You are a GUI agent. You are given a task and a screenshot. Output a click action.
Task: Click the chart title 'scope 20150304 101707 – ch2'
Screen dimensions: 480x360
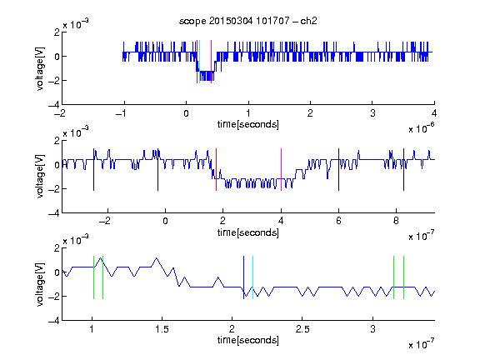click(248, 21)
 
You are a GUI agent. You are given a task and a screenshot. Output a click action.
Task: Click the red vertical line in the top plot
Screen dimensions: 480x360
click(197, 62)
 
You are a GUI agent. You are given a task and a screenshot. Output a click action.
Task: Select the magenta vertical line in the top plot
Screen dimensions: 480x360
click(211, 62)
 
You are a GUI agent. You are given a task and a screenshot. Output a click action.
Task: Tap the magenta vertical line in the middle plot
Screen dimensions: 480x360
click(282, 170)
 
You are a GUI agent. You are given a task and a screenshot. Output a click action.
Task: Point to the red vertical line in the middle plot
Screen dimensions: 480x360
click(216, 170)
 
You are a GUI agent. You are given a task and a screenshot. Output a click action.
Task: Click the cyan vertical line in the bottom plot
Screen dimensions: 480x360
click(252, 277)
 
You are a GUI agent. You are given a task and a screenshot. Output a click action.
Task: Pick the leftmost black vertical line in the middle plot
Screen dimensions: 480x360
click(93, 170)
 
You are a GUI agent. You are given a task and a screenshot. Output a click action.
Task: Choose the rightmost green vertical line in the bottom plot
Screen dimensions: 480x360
click(404, 277)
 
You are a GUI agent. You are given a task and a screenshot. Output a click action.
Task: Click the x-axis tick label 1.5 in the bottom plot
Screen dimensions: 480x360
click(162, 329)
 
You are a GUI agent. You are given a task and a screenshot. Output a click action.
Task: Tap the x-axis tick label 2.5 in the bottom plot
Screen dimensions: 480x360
click(302, 329)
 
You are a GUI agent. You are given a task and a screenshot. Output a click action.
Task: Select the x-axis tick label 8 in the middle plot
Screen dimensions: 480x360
click(396, 221)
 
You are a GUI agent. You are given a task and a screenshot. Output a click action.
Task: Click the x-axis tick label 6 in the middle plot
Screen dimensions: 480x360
click(338, 221)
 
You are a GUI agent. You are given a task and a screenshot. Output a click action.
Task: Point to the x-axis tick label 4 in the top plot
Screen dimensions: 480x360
click(434, 113)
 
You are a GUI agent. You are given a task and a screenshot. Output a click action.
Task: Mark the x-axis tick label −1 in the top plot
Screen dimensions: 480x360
click(121, 113)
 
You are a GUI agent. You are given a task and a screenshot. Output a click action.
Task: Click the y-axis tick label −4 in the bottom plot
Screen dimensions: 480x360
click(53, 321)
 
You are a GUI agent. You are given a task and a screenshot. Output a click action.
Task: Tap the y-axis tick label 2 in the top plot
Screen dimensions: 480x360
click(57, 32)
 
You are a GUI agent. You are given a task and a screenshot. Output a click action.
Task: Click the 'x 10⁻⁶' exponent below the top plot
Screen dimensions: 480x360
click(422, 128)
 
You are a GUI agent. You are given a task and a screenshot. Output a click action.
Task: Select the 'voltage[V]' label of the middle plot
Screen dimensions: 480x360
click(40, 177)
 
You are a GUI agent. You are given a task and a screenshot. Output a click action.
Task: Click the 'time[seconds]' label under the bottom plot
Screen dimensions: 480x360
click(248, 340)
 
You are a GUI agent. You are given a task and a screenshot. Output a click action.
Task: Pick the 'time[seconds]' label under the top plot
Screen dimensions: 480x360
click(248, 124)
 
